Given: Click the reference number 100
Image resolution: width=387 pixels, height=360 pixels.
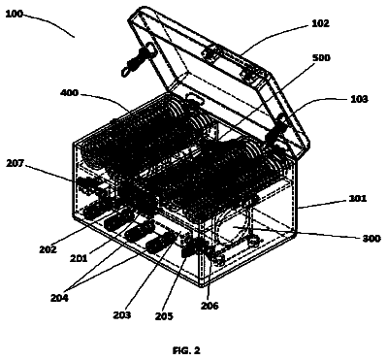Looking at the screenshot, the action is tap(15, 15).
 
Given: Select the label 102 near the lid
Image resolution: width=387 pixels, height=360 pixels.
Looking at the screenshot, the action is tap(320, 23).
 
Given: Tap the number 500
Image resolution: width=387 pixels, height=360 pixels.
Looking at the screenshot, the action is tap(321, 57).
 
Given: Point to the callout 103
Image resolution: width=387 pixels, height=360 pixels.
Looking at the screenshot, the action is tap(359, 99).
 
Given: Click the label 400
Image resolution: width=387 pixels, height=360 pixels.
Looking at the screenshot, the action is tap(69, 93).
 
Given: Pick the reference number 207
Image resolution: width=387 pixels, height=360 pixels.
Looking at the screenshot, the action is tap(15, 163).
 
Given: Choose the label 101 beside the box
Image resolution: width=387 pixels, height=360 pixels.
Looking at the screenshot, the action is tap(358, 198).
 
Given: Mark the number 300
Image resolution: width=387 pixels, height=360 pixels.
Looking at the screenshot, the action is tap(371, 239).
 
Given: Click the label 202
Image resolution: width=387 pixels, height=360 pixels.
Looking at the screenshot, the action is tap(48, 249).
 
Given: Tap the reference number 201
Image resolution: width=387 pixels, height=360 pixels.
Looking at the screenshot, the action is tap(79, 258).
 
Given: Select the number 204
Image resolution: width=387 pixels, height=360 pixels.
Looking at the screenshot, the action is tap(59, 298).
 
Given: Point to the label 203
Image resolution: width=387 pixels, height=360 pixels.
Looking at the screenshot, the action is tap(122, 314).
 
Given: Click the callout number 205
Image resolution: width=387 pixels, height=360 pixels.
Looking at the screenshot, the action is tap(164, 316).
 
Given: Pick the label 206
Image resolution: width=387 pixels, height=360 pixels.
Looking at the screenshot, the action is tap(210, 305).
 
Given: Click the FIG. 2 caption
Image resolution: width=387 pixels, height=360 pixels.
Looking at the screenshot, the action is tap(186, 350).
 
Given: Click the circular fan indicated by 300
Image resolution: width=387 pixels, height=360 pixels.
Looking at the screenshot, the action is tap(234, 227).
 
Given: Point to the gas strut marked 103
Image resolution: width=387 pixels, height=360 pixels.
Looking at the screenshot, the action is tap(277, 128).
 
